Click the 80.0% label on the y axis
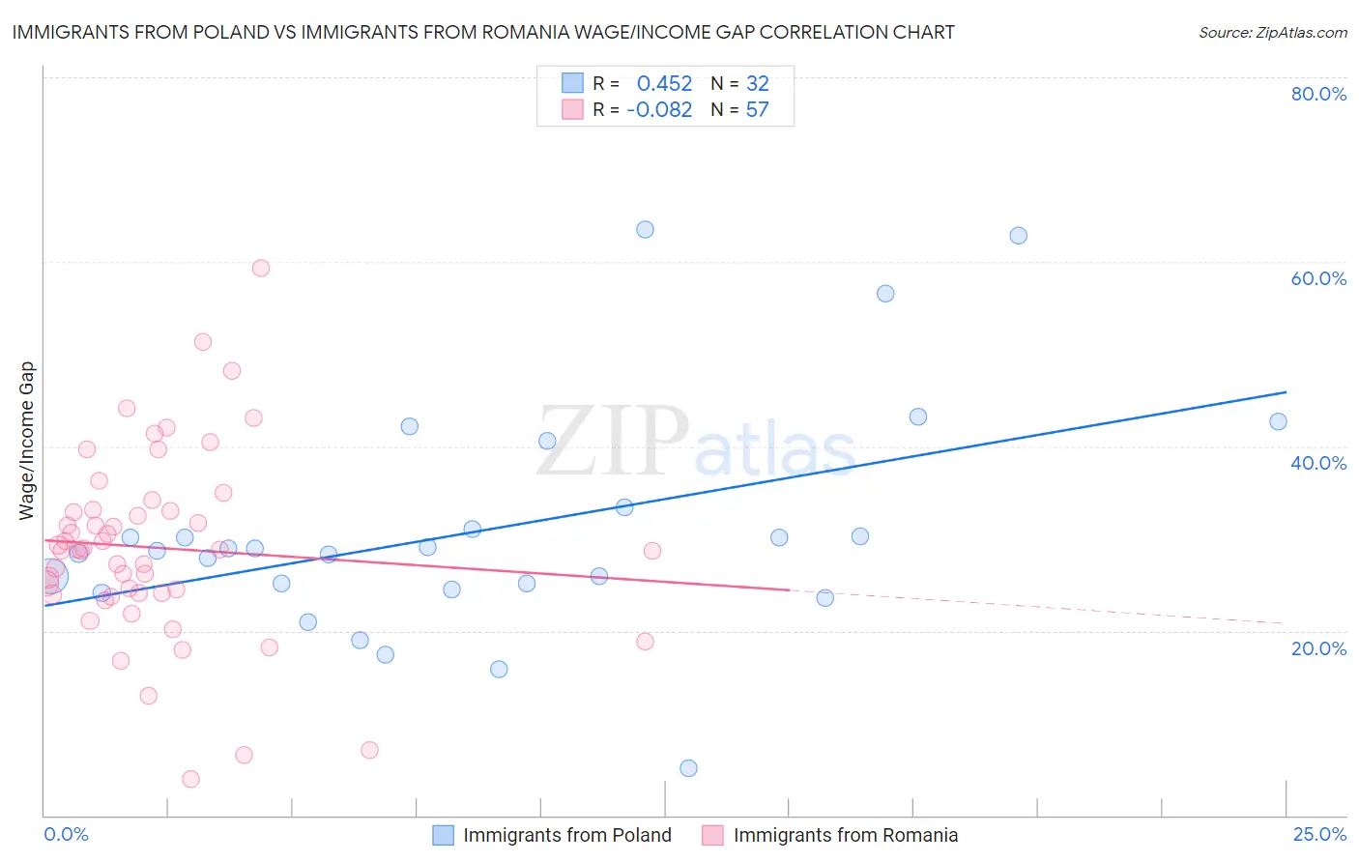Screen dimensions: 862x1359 click(1318, 94)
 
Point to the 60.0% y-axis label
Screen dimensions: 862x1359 click(1318, 278)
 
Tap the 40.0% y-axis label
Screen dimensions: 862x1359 click(1318, 463)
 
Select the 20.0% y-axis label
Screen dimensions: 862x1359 click(1318, 648)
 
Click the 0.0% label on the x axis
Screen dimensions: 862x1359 click(66, 835)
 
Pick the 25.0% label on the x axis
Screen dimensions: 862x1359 click(1319, 835)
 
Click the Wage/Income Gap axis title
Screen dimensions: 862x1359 click(27, 441)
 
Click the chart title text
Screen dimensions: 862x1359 click(483, 33)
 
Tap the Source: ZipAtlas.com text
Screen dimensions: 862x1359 click(1272, 33)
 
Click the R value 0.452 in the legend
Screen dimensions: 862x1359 click(664, 84)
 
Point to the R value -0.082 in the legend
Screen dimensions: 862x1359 click(659, 110)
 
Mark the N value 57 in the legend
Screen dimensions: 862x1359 click(757, 110)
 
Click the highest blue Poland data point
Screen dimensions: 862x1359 click(645, 230)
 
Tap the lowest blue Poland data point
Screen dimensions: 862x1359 click(688, 768)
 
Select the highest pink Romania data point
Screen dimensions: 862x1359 click(260, 269)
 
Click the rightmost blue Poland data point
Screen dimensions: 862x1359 click(1278, 421)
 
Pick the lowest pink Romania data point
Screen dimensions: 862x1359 click(190, 779)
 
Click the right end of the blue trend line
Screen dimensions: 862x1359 click(1286, 392)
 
